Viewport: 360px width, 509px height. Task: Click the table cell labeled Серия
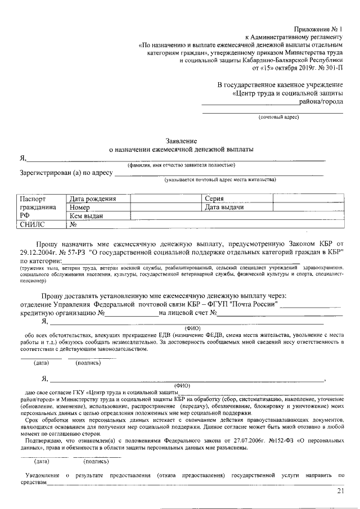215,199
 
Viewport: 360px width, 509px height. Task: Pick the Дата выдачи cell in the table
224,207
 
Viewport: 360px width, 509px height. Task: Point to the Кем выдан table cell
87,215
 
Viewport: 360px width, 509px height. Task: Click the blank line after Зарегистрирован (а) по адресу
219,173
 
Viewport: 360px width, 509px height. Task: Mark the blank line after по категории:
180,262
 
